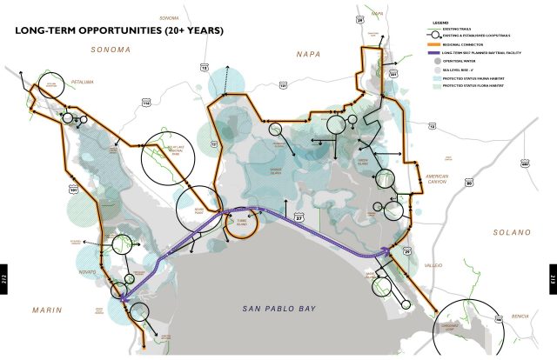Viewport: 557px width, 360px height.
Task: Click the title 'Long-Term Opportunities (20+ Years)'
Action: coord(119,30)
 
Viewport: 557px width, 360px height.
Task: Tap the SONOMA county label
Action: coord(111,50)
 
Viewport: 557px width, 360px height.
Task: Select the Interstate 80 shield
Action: coord(469,183)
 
